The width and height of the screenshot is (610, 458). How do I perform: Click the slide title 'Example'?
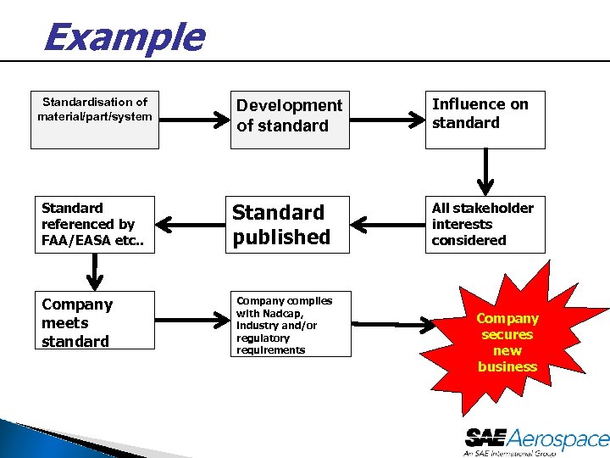point(124,37)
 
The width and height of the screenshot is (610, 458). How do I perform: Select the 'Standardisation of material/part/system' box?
point(94,120)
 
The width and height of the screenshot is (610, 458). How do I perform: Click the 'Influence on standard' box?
point(485,120)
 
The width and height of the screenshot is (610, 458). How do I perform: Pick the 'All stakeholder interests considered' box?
point(485,225)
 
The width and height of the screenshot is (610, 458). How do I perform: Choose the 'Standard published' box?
point(289,225)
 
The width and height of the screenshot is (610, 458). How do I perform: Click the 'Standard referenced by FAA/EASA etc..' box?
point(94,225)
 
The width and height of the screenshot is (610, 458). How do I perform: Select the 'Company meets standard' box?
point(94,323)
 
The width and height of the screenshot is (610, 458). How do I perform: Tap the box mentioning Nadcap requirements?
point(289,324)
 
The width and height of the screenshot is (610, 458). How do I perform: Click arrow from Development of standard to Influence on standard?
point(387,120)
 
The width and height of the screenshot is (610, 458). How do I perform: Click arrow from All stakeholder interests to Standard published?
point(387,225)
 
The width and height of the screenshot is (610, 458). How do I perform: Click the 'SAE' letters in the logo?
point(485,438)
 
